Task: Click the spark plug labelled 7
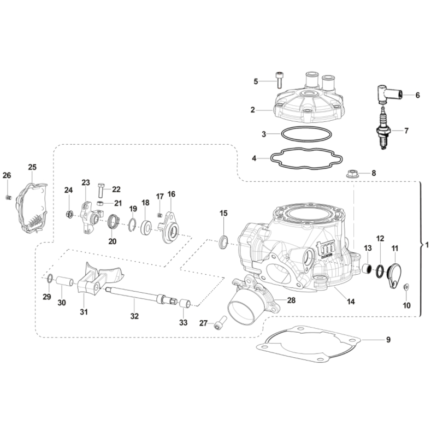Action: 384,130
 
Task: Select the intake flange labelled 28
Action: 249,299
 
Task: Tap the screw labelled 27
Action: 220,324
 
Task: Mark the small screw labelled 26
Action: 9,196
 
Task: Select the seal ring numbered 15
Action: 223,240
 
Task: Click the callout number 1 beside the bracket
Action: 428,245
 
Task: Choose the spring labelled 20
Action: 114,222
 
